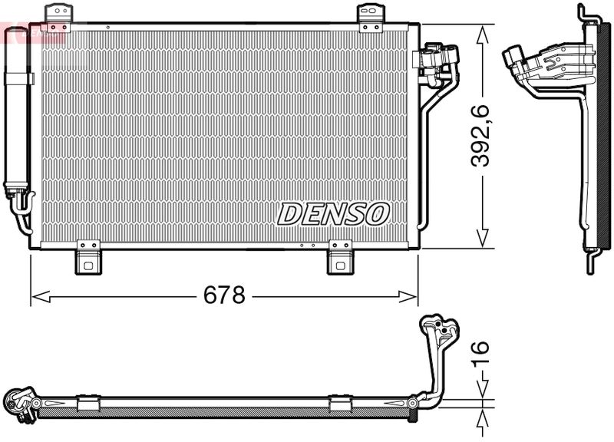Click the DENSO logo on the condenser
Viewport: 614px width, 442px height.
click(333, 214)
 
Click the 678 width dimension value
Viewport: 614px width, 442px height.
click(223, 295)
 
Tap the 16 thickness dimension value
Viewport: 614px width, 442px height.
click(480, 353)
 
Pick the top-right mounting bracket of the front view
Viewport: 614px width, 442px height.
click(371, 16)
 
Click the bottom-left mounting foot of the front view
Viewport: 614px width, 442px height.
click(88, 259)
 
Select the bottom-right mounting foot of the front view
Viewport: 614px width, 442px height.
click(339, 259)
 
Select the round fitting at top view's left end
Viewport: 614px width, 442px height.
click(18, 403)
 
